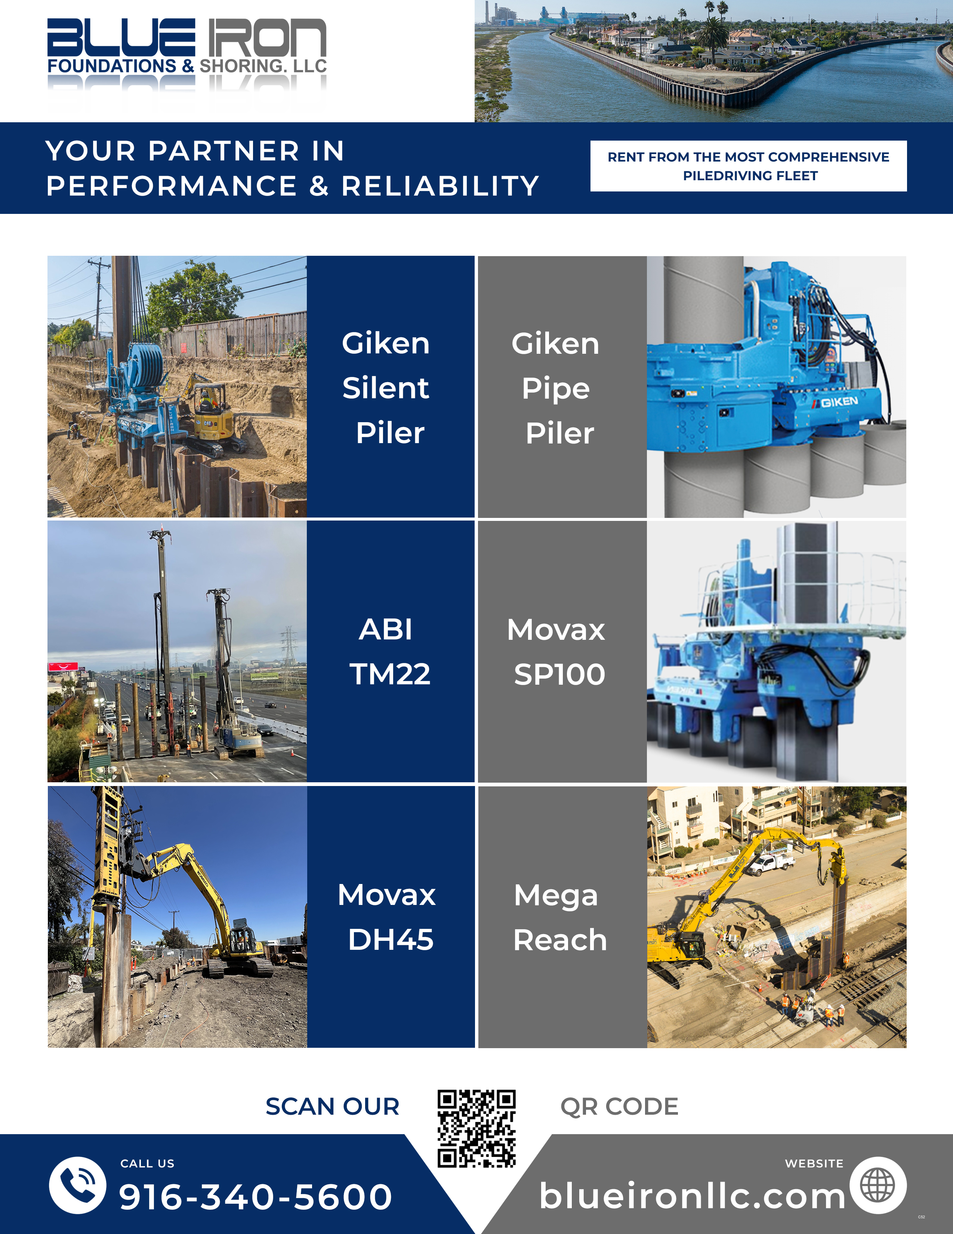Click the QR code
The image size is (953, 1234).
click(x=476, y=1128)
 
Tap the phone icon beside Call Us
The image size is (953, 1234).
click(x=78, y=1185)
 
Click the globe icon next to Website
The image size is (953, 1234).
click(x=878, y=1185)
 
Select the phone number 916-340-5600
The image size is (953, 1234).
click(x=255, y=1196)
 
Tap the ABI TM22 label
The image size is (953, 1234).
click(x=389, y=651)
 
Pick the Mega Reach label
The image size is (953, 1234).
click(x=559, y=917)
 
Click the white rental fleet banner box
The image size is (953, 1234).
click(x=749, y=166)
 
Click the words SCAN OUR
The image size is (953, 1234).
click(x=333, y=1106)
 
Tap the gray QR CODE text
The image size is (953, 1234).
click(x=619, y=1106)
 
